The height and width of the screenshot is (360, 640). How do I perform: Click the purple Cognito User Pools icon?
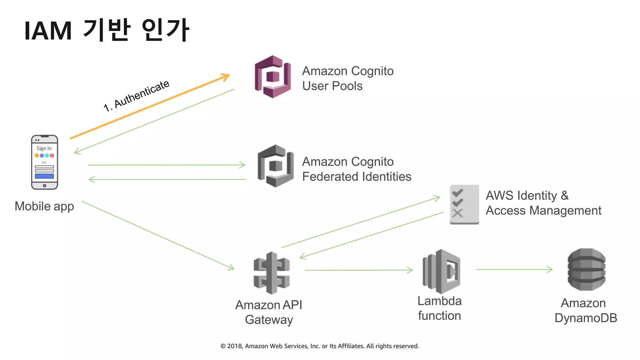coord(273,77)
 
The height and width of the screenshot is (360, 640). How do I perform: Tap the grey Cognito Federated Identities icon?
coord(275,166)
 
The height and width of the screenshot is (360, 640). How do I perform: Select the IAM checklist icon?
coord(464,204)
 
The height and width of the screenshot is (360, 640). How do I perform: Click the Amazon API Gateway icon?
coord(272,273)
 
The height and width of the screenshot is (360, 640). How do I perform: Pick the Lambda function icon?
coord(441,271)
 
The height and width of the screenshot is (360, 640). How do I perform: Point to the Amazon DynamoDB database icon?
coord(586,270)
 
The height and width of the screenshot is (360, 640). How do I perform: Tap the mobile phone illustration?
coord(44,162)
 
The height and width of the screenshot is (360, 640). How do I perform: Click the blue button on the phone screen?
coord(44,176)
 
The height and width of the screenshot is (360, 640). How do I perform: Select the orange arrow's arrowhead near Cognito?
coord(226,76)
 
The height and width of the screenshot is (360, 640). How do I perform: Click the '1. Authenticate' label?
coord(136,96)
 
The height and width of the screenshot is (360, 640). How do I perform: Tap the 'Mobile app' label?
coord(44,207)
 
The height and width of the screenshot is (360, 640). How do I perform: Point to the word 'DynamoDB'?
coord(586,318)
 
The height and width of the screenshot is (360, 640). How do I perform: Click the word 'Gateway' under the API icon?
coord(269,320)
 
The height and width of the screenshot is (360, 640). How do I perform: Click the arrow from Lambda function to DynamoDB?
coord(514,269)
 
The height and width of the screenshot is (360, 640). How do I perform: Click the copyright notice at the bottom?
coord(320,346)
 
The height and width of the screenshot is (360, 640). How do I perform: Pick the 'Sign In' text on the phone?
coord(44,148)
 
